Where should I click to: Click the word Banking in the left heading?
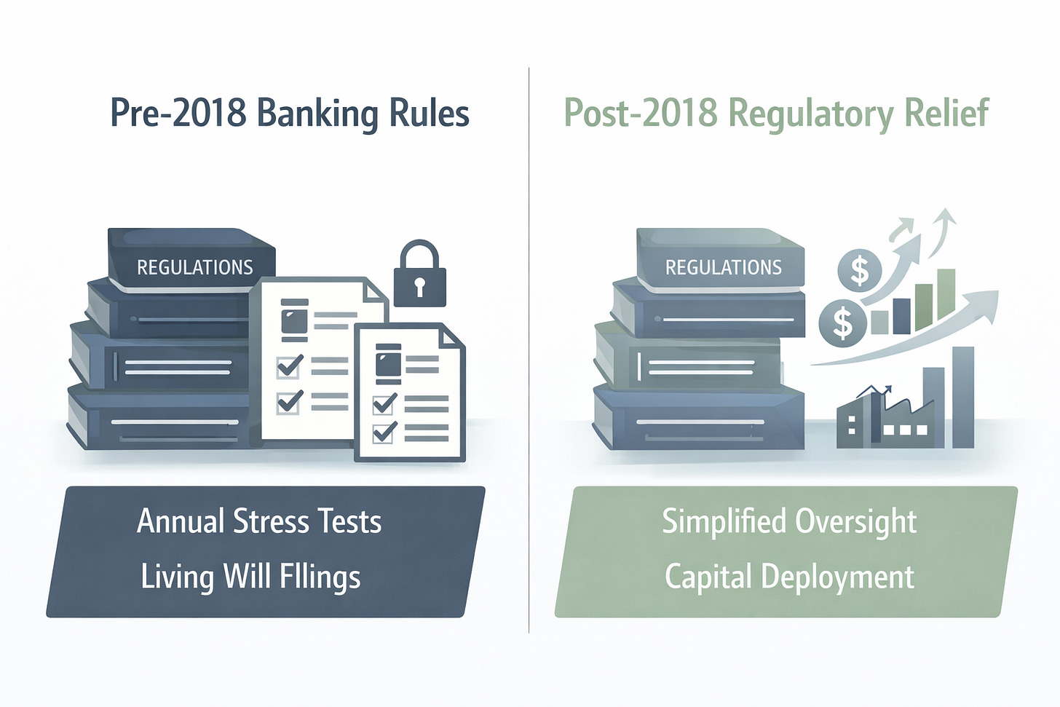tap(317, 114)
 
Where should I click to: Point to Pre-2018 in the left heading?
tap(178, 114)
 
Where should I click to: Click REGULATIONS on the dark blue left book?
tap(194, 267)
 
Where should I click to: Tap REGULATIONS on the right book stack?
tap(723, 267)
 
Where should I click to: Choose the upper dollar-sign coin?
tap(860, 270)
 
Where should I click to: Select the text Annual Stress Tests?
tap(259, 521)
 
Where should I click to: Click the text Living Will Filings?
tap(250, 577)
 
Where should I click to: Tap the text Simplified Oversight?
tap(789, 521)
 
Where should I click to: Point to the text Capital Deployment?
tap(789, 577)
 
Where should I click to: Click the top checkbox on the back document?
tap(289, 366)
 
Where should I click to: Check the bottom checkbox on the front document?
tap(384, 432)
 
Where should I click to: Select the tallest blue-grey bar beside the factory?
tap(963, 397)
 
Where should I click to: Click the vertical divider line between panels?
tap(529, 349)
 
